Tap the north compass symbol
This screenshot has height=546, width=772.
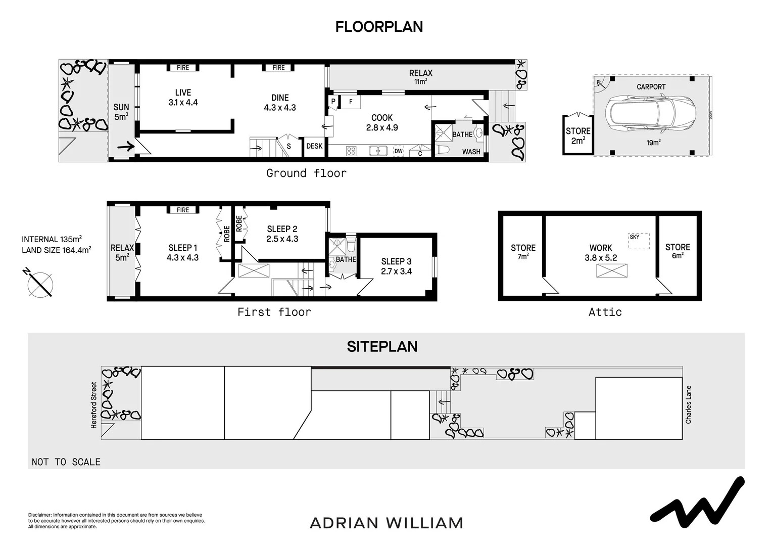[39, 284]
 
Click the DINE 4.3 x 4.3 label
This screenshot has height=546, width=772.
[280, 103]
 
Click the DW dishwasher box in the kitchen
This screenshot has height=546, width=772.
[399, 151]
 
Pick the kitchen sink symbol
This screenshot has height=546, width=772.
[378, 151]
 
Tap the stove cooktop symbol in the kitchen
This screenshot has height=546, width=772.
[351, 151]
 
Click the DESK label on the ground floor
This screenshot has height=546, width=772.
[314, 146]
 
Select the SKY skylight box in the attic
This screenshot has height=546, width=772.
[639, 241]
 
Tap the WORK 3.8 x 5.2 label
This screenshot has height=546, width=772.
[601, 252]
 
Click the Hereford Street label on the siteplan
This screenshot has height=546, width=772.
[93, 405]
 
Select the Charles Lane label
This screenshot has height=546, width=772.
[688, 404]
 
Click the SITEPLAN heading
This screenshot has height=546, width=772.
[382, 346]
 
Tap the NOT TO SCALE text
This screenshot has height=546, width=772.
[66, 462]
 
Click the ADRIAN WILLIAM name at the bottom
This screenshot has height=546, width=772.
[387, 523]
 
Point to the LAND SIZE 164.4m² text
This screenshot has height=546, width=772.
[56, 250]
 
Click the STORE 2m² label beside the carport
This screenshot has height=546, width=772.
[578, 135]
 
